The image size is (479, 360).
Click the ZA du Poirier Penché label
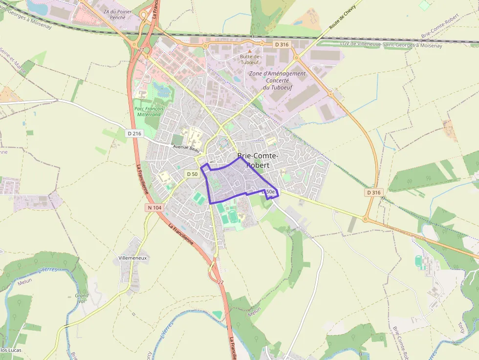tap(115, 15)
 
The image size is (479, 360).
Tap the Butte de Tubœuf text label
tap(249, 59)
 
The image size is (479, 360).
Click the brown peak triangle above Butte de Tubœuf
tap(249, 50)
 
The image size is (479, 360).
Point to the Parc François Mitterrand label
tap(149, 111)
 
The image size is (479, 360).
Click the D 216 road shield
tap(134, 133)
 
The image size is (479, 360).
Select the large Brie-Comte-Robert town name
tap(258, 160)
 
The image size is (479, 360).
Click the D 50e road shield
tap(268, 192)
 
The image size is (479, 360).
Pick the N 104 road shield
tap(154, 208)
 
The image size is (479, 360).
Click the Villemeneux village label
tap(132, 257)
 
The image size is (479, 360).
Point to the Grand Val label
tap(82, 298)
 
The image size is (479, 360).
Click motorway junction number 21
tap(141, 50)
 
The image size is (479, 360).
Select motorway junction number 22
tap(220, 282)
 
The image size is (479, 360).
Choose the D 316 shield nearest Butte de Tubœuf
tap(282, 44)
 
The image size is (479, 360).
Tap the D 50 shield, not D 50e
tap(192, 174)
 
